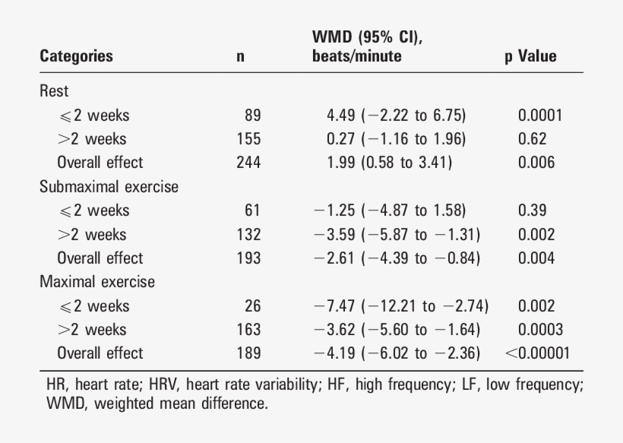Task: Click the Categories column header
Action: (x=76, y=56)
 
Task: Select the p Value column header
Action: (x=530, y=56)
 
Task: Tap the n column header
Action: (x=241, y=56)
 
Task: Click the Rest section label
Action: (x=54, y=91)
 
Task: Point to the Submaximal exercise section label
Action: (x=109, y=186)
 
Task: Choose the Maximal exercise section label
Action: (x=97, y=282)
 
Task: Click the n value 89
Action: (x=252, y=115)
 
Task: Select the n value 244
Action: (x=248, y=163)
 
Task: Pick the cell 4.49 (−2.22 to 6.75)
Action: (x=396, y=115)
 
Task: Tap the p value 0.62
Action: (x=532, y=139)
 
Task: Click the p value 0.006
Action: (x=536, y=163)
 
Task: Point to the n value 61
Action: (x=252, y=210)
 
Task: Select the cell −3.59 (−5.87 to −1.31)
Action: (x=397, y=235)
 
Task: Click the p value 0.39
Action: (x=532, y=210)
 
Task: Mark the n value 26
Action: (x=252, y=306)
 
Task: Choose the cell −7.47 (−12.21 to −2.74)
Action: (x=401, y=306)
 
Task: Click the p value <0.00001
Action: (x=536, y=353)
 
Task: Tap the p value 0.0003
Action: (x=540, y=330)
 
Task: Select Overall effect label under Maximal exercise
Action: (x=100, y=353)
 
